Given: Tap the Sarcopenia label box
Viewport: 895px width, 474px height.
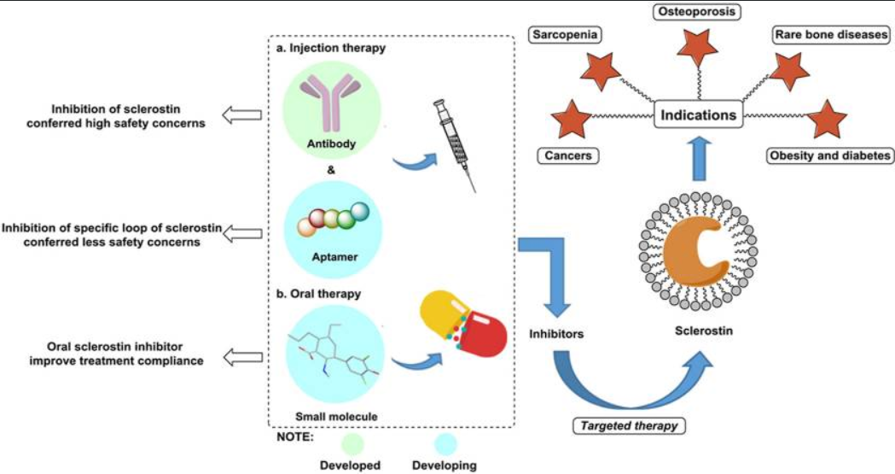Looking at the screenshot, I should [x=564, y=35].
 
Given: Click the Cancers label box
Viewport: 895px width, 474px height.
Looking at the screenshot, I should [x=564, y=156].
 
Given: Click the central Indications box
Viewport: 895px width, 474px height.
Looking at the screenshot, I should [x=697, y=114].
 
